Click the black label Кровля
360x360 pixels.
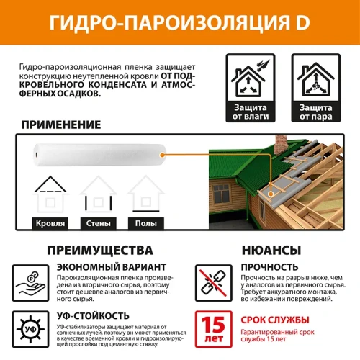point(50,223)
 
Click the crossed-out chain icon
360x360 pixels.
point(214,282)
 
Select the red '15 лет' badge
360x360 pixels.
point(214,328)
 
